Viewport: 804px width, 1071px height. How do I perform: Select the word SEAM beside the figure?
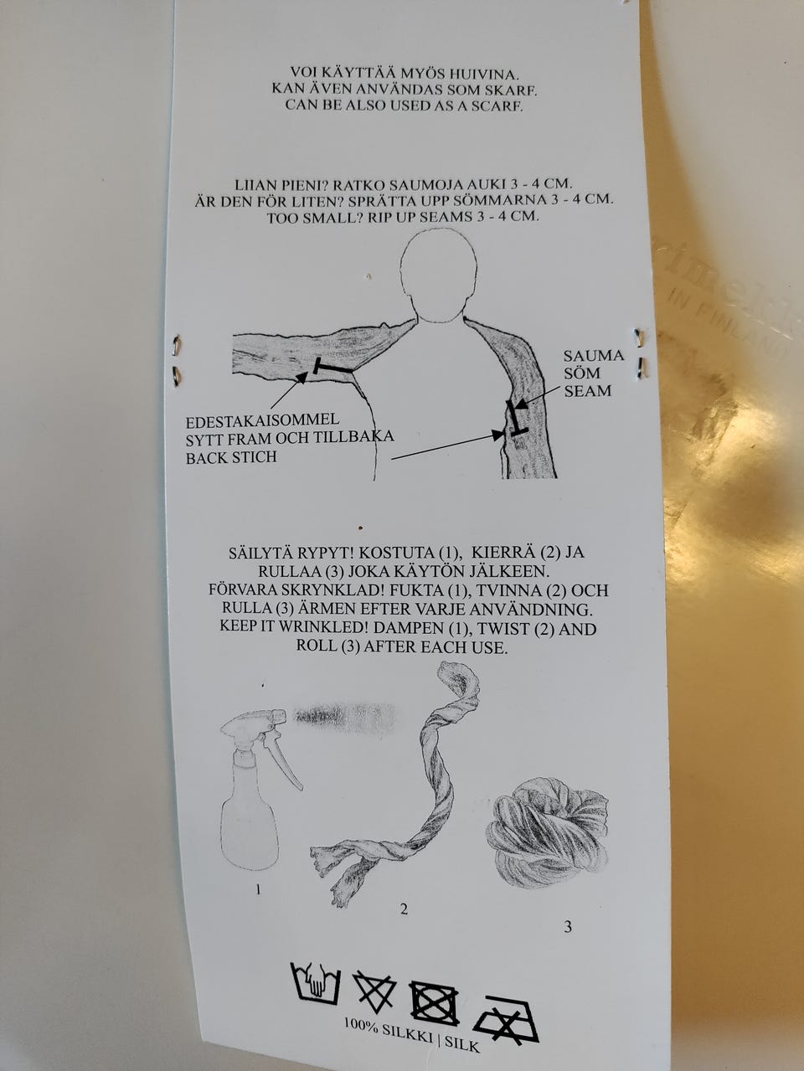(x=587, y=390)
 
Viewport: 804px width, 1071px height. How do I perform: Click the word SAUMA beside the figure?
(x=593, y=355)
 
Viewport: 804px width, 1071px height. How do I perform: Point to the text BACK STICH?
(x=231, y=457)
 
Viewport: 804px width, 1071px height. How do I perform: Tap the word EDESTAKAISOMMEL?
(x=262, y=420)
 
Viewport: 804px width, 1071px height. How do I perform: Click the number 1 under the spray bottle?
(x=258, y=889)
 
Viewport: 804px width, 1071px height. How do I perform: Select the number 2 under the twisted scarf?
(x=404, y=909)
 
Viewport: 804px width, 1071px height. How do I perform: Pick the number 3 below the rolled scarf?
(x=567, y=927)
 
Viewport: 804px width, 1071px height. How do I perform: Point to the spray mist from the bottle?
(x=344, y=717)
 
